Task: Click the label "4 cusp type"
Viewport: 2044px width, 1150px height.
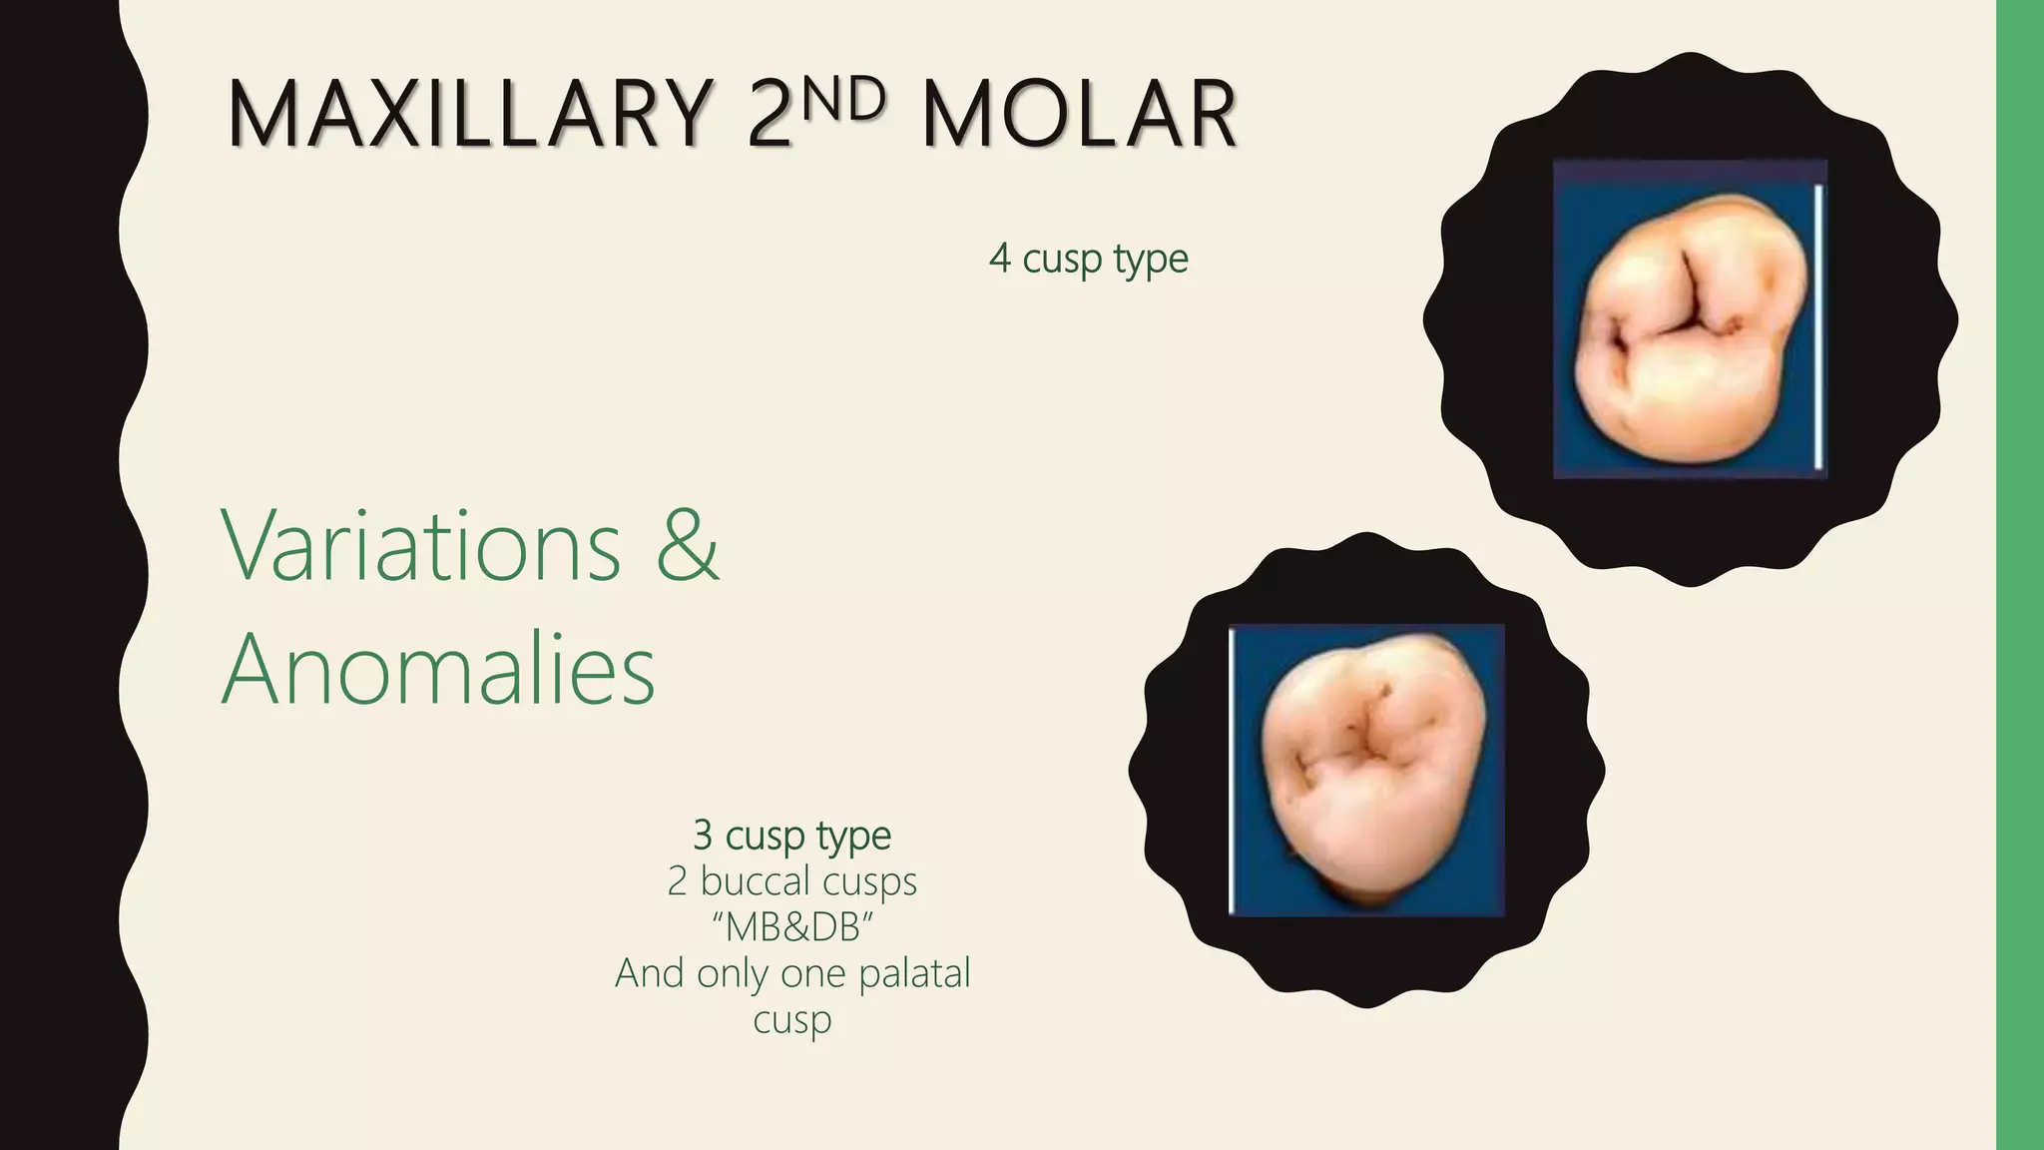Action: coord(1088,259)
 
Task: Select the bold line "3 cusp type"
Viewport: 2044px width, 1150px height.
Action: coord(791,835)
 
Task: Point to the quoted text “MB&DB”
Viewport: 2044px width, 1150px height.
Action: coord(791,927)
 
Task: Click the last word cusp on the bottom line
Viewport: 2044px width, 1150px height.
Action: coord(791,1020)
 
